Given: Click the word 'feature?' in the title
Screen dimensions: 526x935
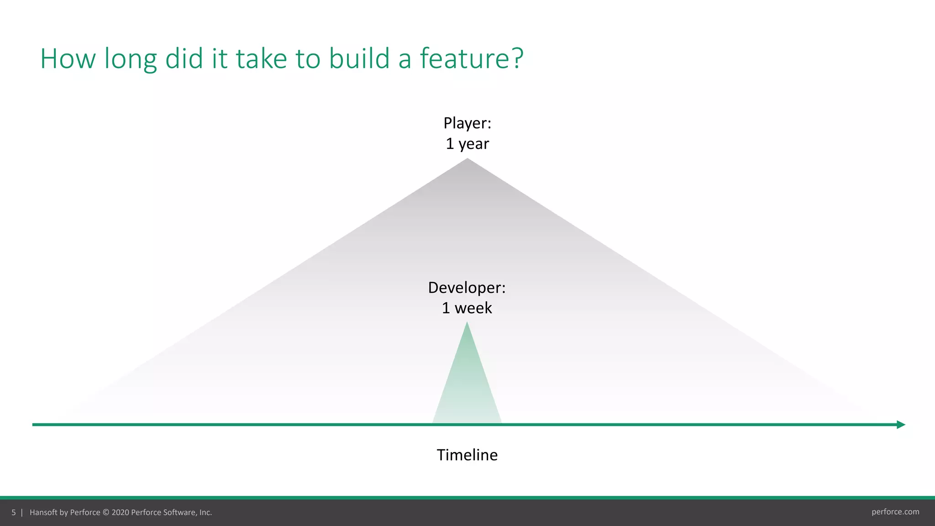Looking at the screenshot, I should pos(471,58).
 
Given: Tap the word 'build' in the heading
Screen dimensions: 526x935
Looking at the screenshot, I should pos(359,58).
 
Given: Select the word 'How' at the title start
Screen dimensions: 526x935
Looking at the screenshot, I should pos(68,58).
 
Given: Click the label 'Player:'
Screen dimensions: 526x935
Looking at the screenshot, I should pos(467,123).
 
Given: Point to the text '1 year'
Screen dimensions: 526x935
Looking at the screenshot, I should pos(467,144).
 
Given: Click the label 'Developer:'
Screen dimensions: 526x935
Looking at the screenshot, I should pos(467,288).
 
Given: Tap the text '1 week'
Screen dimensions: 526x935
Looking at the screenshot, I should pos(467,308).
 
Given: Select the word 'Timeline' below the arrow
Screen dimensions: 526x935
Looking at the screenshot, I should pos(467,455).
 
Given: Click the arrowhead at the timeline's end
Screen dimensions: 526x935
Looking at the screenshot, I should pos(901,425).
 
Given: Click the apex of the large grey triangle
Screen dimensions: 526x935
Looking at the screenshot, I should pos(467,160).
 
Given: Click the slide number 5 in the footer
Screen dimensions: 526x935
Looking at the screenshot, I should pos(14,512).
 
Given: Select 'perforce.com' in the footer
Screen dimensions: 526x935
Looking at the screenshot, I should pos(895,512).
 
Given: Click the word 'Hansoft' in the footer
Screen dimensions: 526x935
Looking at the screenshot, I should pos(43,512).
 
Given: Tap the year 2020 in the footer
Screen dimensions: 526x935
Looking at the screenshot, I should pos(121,512).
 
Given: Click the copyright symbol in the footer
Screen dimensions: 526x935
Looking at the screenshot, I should pos(106,512).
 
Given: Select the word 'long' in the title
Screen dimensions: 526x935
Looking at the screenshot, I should pos(131,59).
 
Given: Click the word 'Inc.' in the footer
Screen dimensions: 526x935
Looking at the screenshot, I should pos(205,512).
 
